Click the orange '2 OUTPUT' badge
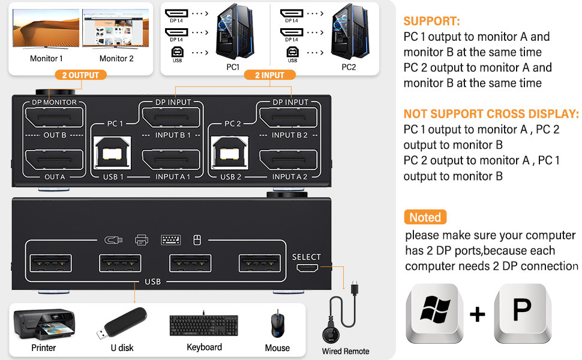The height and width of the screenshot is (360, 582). click(83, 75)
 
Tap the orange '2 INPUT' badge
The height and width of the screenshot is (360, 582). click(269, 75)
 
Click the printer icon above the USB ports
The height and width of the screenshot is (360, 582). click(142, 240)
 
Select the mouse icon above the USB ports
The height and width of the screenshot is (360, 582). click(196, 240)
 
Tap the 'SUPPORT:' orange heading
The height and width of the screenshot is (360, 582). click(432, 21)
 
